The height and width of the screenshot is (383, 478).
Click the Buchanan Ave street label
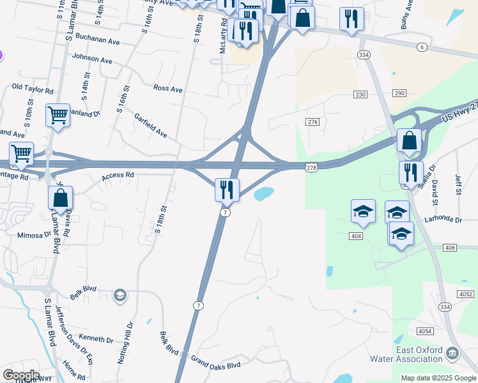coord(98,40)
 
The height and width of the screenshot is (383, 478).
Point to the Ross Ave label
coord(168,89)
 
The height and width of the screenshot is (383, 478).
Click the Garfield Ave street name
coord(150,126)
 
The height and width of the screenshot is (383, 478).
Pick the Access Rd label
coord(118,174)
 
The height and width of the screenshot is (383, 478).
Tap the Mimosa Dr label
coord(34,234)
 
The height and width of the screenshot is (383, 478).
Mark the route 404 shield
coord(357,236)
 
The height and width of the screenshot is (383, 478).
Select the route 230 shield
coord(360,94)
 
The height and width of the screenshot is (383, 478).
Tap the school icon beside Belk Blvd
coord(119,295)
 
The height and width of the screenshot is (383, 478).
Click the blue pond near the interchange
coord(263,193)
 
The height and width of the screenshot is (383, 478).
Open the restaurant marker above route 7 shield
coord(227,189)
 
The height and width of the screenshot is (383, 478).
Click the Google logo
coord(21,375)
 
